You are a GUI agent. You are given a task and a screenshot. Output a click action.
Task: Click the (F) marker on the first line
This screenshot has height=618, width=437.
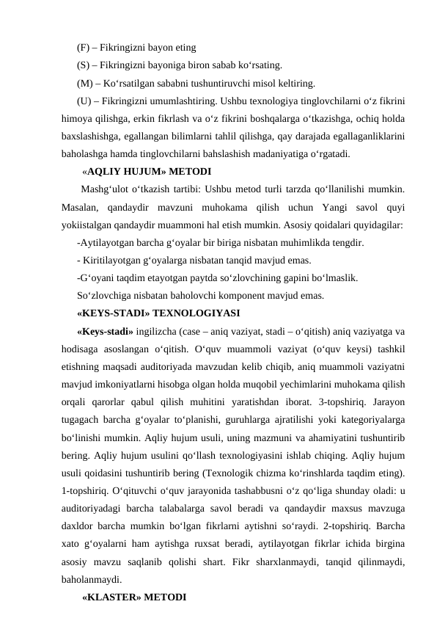tap(83, 48)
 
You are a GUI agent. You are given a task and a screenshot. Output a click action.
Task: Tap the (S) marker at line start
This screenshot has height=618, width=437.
tap(83, 65)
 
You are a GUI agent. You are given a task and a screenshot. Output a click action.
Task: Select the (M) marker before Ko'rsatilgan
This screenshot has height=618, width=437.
tap(84, 81)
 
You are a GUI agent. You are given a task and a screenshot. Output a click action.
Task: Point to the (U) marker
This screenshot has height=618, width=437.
tap(84, 98)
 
